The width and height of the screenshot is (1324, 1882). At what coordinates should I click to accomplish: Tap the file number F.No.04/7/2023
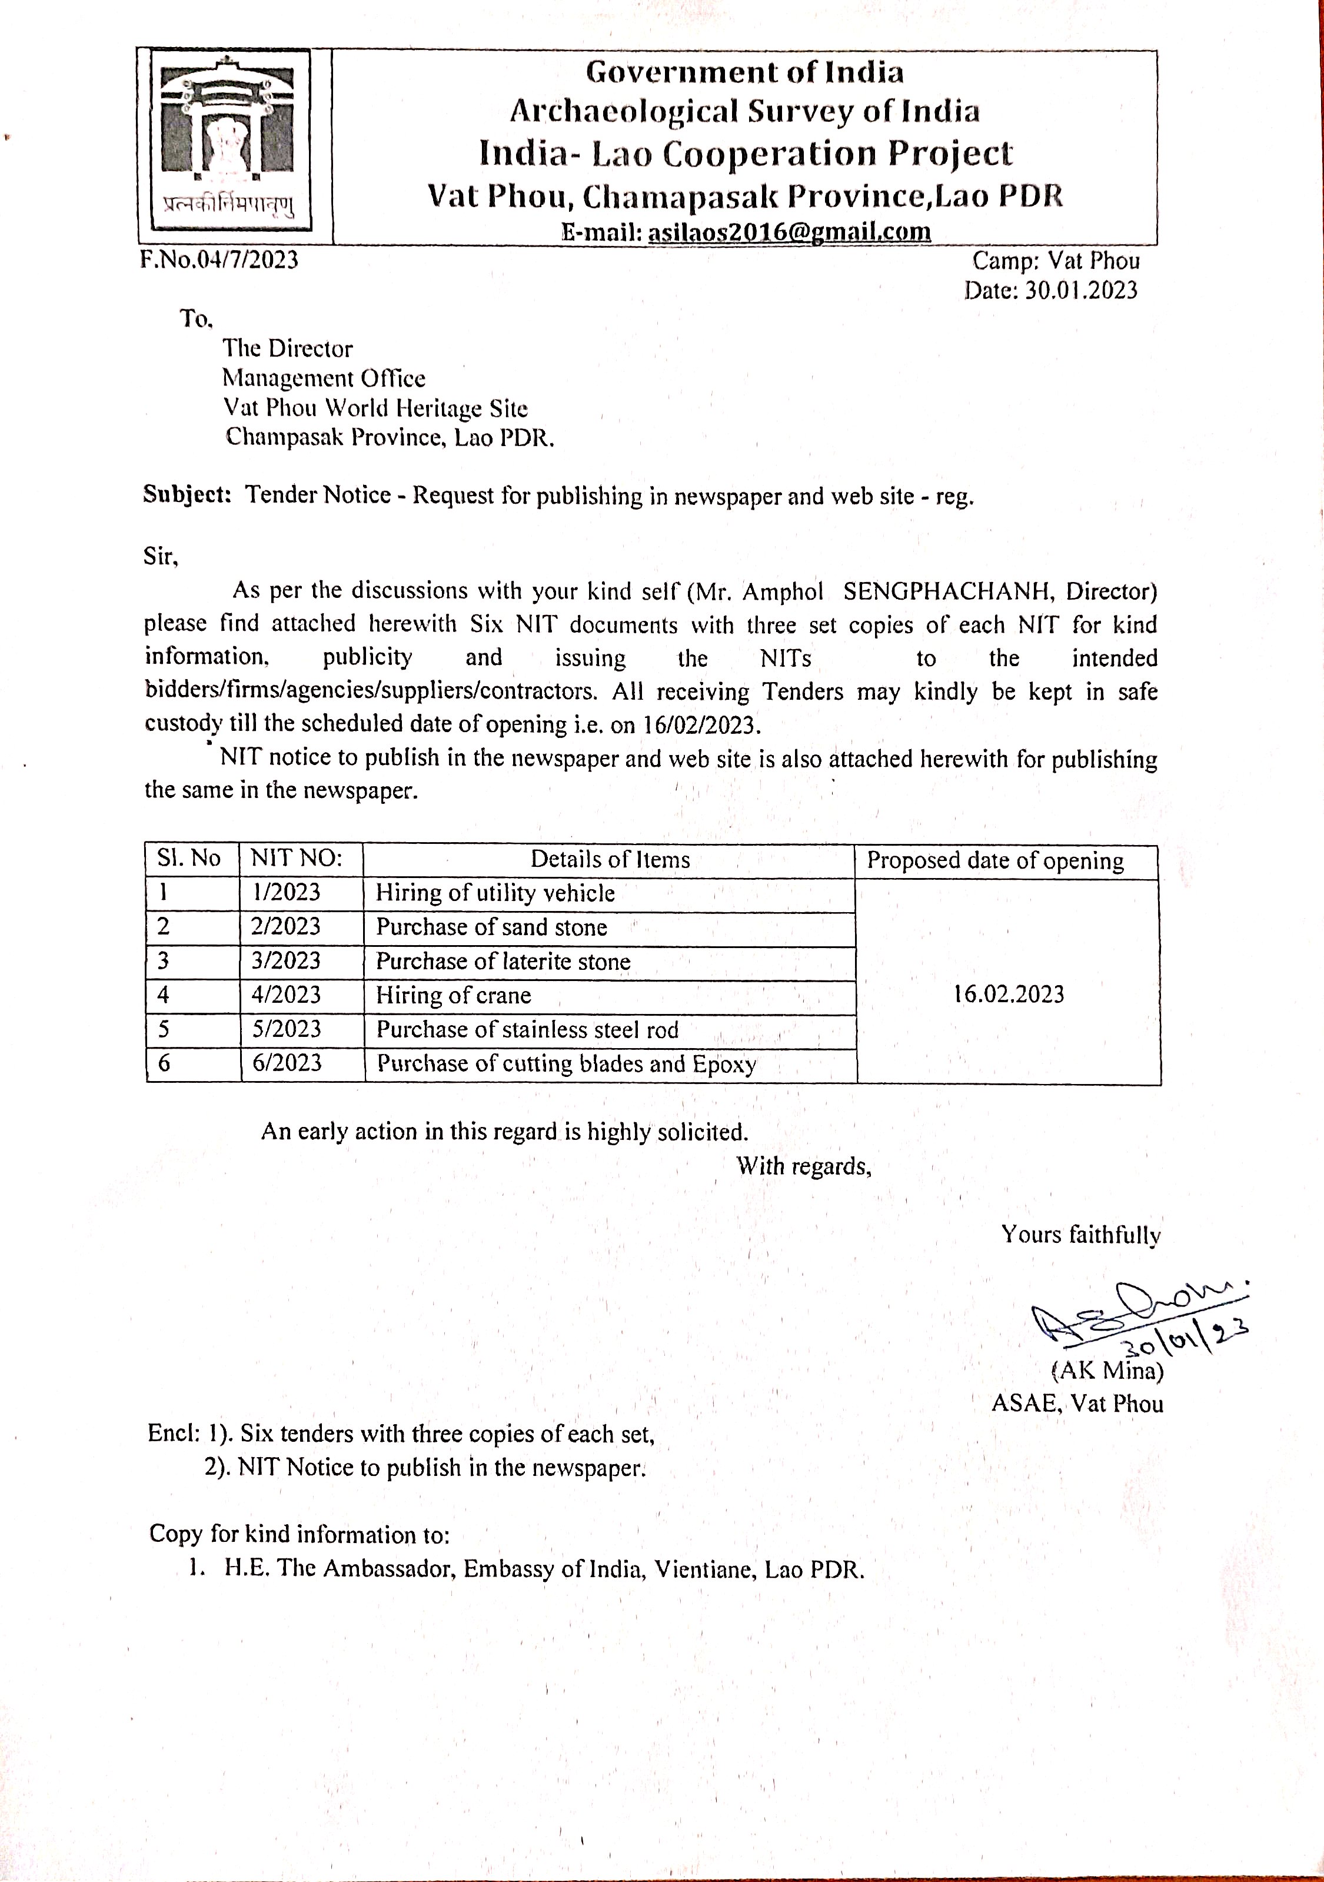pyautogui.click(x=219, y=260)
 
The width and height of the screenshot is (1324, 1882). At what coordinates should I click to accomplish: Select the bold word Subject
pyautogui.click(x=188, y=494)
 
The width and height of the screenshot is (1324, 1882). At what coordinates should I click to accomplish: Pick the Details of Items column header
pyautogui.click(x=610, y=859)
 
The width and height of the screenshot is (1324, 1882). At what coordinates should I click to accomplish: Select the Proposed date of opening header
pyautogui.click(x=995, y=860)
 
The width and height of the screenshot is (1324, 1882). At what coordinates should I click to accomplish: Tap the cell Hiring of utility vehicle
pyautogui.click(x=495, y=893)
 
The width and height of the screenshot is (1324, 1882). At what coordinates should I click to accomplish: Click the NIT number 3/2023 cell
pyautogui.click(x=285, y=960)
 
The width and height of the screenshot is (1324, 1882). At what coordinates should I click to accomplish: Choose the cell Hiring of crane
pyautogui.click(x=453, y=995)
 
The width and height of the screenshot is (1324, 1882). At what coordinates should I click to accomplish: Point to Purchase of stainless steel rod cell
pyautogui.click(x=527, y=1029)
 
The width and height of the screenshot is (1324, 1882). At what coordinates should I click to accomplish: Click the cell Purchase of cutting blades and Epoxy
pyautogui.click(x=565, y=1064)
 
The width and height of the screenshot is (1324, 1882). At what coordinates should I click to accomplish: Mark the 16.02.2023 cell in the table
pyautogui.click(x=1009, y=995)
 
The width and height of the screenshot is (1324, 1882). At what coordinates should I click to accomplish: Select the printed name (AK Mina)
pyautogui.click(x=1107, y=1369)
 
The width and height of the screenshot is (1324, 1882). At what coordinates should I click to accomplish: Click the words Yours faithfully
pyautogui.click(x=1080, y=1235)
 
